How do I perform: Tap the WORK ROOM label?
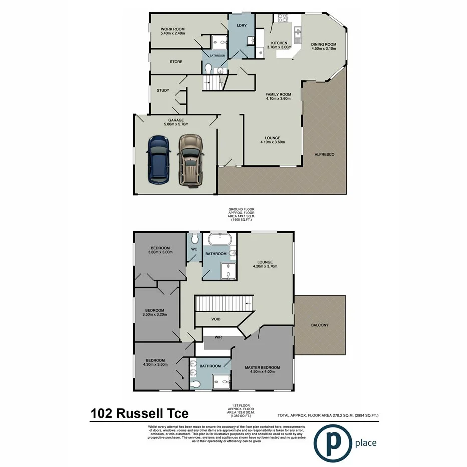(x=173, y=29)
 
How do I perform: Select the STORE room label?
(x=176, y=62)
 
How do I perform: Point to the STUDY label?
(x=163, y=91)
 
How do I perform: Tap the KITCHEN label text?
(x=279, y=43)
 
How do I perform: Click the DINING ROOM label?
(x=324, y=44)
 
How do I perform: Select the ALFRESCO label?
(x=324, y=154)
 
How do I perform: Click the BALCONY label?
(x=319, y=325)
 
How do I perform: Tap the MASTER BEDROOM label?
(x=262, y=367)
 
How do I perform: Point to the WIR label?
(x=218, y=337)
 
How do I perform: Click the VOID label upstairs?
(x=216, y=319)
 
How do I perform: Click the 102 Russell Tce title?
(x=140, y=413)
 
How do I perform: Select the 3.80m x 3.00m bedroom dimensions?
(x=160, y=252)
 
